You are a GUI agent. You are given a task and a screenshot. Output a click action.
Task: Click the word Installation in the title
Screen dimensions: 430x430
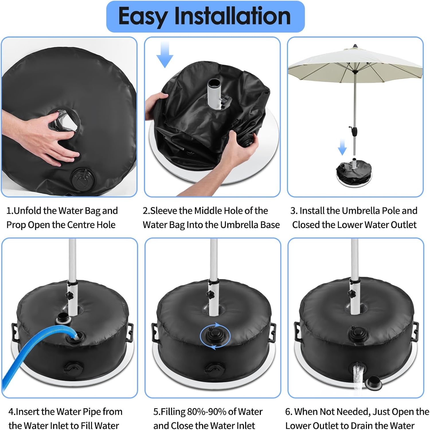(233, 16)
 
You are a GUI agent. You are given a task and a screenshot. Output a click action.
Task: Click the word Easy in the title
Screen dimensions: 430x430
(142, 17)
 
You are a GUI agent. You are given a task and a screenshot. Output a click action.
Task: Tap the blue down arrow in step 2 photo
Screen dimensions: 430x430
(165, 55)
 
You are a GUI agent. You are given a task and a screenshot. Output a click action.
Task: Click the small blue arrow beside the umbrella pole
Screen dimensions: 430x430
(342, 147)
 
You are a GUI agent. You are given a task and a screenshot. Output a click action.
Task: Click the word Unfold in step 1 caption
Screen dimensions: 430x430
(28, 211)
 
